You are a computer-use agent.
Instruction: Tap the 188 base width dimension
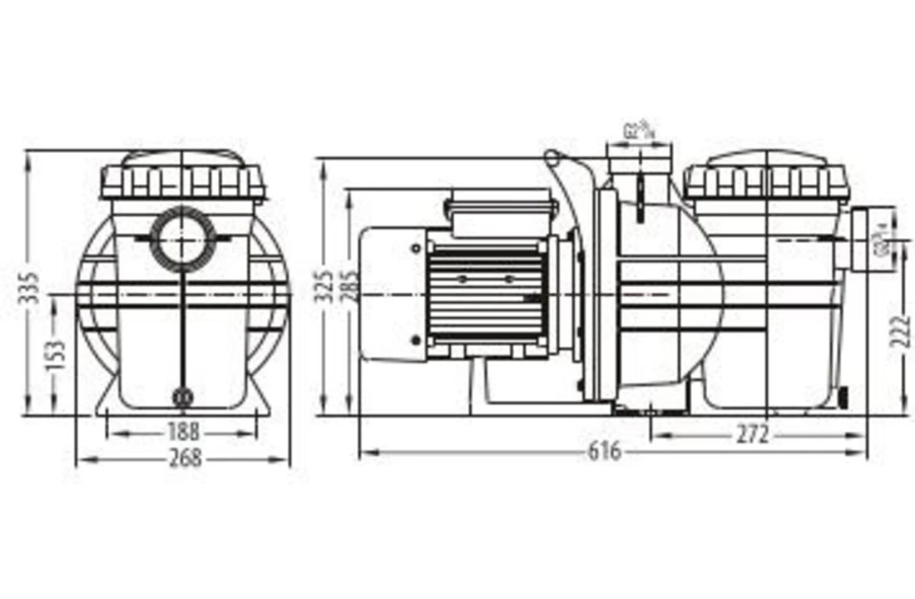coord(183,432)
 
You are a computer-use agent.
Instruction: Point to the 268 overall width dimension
coord(184,458)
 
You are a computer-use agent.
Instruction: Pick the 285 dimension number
coord(351,285)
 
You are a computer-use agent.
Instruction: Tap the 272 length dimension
coord(752,433)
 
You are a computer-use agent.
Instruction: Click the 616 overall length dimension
coord(605,452)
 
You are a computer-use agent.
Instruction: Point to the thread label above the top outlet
coord(639,130)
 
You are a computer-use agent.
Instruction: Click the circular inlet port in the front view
coord(182,240)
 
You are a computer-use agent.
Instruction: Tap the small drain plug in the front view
coord(182,398)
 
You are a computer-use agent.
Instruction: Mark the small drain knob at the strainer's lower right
coord(843,398)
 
